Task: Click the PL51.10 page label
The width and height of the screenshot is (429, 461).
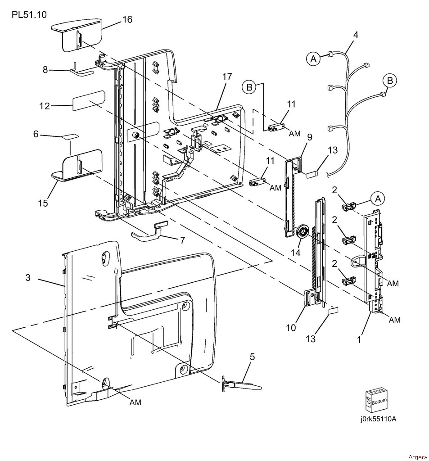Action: pyautogui.click(x=29, y=15)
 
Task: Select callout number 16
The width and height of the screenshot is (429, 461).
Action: pyautogui.click(x=127, y=19)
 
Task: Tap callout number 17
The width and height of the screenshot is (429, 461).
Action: pyautogui.click(x=227, y=77)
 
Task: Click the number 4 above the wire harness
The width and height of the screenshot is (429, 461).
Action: pyautogui.click(x=356, y=35)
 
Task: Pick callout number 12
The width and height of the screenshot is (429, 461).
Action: pyautogui.click(x=45, y=105)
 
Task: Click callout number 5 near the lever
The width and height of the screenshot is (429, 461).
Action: pyautogui.click(x=252, y=357)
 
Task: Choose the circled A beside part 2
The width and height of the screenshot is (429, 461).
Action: pyautogui.click(x=378, y=199)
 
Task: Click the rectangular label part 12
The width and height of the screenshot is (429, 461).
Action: pyautogui.click(x=89, y=100)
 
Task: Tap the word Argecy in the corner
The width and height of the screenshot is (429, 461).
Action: pyautogui.click(x=418, y=457)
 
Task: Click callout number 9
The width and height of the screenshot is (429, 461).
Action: pyautogui.click(x=309, y=137)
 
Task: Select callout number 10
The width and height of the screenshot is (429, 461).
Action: pyautogui.click(x=291, y=328)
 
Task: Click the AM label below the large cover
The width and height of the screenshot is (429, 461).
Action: pyautogui.click(x=135, y=402)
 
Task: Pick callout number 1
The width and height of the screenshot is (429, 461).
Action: pyautogui.click(x=359, y=340)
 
